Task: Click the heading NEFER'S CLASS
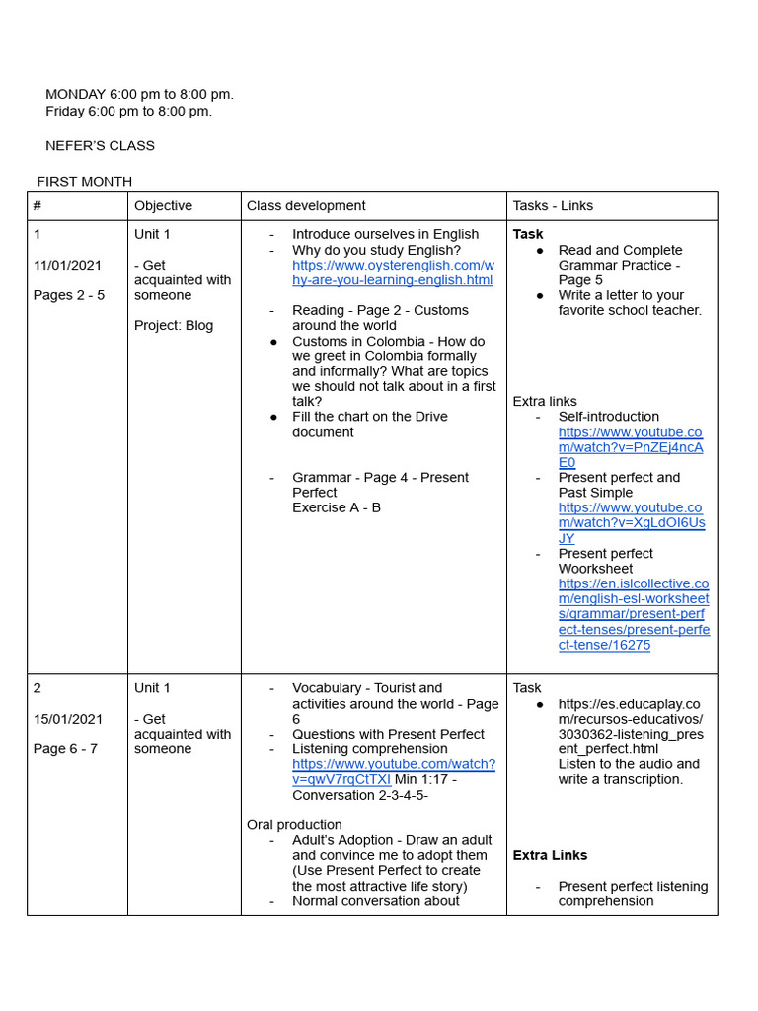pyautogui.click(x=100, y=146)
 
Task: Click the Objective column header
pyautogui.click(x=163, y=206)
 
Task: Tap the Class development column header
pyautogui.click(x=306, y=206)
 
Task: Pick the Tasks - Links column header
pyautogui.click(x=553, y=206)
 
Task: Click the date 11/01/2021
pyautogui.click(x=68, y=265)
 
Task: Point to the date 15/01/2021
pyautogui.click(x=68, y=719)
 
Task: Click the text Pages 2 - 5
pyautogui.click(x=69, y=295)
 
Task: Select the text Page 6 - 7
pyautogui.click(x=65, y=749)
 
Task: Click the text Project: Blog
pyautogui.click(x=174, y=326)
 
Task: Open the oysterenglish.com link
pyautogui.click(x=393, y=272)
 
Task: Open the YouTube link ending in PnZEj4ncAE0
pyautogui.click(x=630, y=447)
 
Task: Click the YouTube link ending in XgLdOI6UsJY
pyautogui.click(x=630, y=523)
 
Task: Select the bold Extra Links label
pyautogui.click(x=550, y=856)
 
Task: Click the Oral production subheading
pyautogui.click(x=294, y=825)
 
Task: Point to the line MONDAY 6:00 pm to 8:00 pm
pyautogui.click(x=139, y=95)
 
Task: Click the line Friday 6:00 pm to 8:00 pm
pyautogui.click(x=128, y=111)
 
